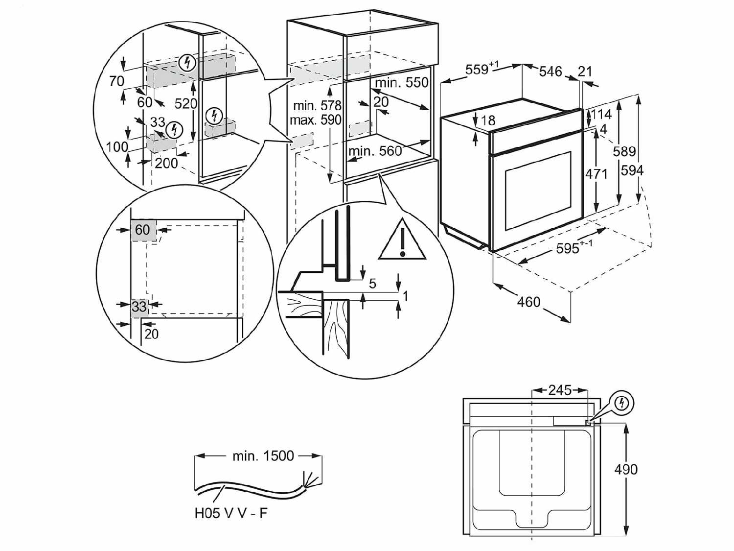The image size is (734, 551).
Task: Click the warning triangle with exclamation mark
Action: [402, 241]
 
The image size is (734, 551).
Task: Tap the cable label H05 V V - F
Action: [231, 513]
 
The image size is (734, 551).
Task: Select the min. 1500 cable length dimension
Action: [263, 456]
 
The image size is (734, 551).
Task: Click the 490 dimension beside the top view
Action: [626, 469]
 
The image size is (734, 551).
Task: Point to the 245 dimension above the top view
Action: [560, 390]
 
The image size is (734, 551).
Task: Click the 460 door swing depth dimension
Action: [528, 302]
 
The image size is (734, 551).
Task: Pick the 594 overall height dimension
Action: [632, 170]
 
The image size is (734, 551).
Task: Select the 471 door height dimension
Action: [596, 173]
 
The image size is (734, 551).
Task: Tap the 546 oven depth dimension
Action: [550, 72]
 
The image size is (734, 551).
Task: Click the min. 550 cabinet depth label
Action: [402, 82]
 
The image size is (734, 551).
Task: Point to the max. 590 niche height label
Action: [315, 120]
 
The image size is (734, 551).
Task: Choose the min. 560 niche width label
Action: [375, 151]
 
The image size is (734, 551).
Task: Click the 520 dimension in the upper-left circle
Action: [186, 103]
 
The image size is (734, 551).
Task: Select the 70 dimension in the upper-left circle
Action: [116, 81]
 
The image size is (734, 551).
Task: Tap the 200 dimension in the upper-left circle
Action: [166, 163]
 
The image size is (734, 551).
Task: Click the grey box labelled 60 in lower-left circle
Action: [142, 230]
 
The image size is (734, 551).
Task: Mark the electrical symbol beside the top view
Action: [622, 403]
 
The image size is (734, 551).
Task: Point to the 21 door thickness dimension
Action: [585, 72]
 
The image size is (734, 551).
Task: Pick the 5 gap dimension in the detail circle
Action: [372, 283]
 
